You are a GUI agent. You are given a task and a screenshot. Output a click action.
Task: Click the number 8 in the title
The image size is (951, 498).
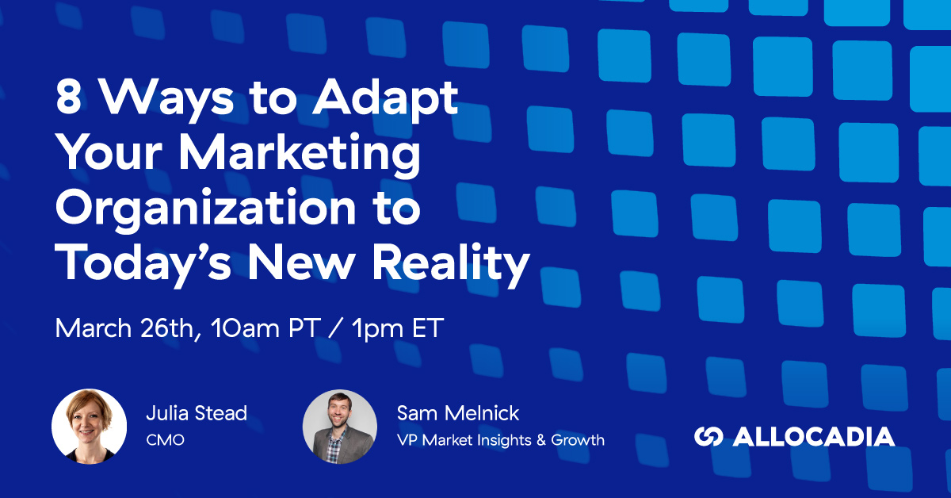pyautogui.click(x=68, y=98)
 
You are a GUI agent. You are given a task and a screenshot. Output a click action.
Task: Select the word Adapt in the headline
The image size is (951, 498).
pyautogui.click(x=385, y=101)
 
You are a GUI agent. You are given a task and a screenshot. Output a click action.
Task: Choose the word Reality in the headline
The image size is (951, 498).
pyautogui.click(x=451, y=264)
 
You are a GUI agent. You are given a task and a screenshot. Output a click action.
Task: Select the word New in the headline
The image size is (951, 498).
pyautogui.click(x=301, y=263)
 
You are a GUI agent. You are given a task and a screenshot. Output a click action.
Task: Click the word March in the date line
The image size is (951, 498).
pyautogui.click(x=94, y=328)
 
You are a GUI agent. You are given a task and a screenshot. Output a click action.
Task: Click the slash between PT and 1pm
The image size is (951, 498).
pyautogui.click(x=336, y=328)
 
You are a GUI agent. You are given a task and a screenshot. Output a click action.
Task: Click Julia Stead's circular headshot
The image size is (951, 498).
pyautogui.click(x=89, y=426)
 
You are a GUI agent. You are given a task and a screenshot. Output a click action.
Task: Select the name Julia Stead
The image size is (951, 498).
pyautogui.click(x=197, y=413)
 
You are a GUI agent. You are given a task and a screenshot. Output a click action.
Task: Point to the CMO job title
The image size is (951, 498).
pyautogui.click(x=165, y=440)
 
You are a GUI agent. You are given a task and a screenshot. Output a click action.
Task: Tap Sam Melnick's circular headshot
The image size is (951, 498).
pyautogui.click(x=340, y=426)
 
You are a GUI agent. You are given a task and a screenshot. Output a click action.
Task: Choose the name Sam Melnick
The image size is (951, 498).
pyautogui.click(x=458, y=413)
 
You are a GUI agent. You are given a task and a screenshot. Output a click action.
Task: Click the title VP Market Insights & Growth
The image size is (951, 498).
pyautogui.click(x=501, y=440)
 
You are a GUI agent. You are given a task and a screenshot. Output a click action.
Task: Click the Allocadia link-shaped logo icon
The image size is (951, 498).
pyautogui.click(x=708, y=436)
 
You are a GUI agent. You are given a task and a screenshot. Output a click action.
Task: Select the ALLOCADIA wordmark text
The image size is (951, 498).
pyautogui.click(x=814, y=436)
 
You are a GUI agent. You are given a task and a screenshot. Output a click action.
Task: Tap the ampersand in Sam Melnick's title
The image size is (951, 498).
pyautogui.click(x=540, y=440)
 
